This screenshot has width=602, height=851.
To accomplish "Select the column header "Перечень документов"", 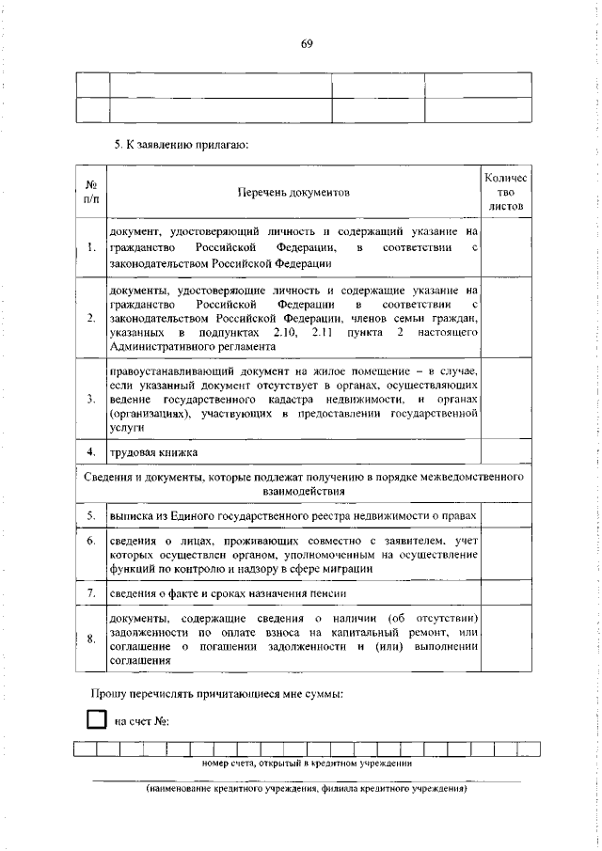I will click(x=293, y=192).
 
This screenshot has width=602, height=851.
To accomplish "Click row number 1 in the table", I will click(x=90, y=247).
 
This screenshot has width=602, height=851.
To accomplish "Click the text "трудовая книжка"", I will click(x=153, y=452).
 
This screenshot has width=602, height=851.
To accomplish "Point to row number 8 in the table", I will click(x=90, y=640).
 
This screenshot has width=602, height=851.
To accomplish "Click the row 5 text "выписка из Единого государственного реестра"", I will click(x=292, y=516).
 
